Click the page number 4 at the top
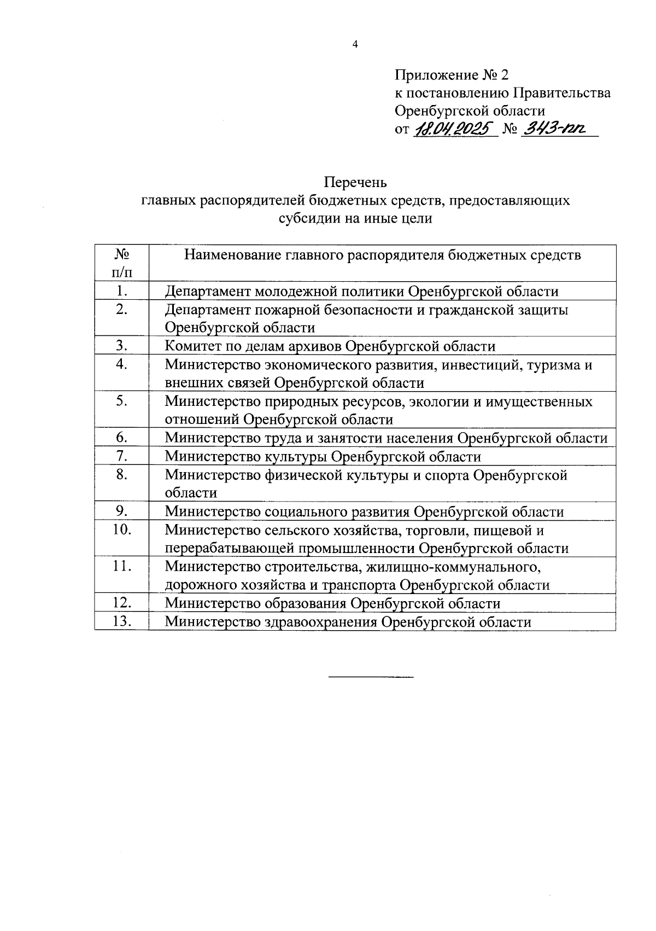(355, 45)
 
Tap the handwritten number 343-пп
(553, 130)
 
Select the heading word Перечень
(355, 182)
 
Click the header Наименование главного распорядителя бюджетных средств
(382, 255)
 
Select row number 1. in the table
(121, 291)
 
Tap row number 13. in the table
(121, 621)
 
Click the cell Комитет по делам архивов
(330, 346)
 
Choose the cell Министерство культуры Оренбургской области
(323, 457)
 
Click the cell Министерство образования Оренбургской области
(332, 603)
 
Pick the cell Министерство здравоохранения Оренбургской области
(348, 622)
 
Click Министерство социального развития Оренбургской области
(364, 512)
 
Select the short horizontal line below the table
(371, 678)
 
